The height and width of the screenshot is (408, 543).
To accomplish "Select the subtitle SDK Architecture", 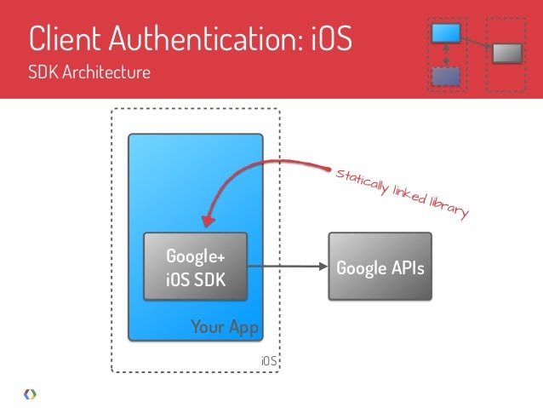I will (89, 72).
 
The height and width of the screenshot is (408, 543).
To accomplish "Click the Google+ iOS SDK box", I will (195, 267).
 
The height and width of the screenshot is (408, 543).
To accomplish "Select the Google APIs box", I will (380, 267).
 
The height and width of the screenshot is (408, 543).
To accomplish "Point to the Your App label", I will (224, 326).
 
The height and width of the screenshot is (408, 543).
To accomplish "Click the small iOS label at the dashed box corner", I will (269, 361).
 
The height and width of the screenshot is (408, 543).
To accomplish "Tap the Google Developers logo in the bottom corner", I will (29, 394).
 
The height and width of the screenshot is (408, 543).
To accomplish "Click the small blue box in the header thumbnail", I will (447, 33).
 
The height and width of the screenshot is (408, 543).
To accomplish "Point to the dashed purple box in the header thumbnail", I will (446, 77).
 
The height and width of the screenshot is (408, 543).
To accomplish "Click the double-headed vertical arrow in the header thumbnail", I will (446, 55).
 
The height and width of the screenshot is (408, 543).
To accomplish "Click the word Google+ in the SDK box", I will (189, 256).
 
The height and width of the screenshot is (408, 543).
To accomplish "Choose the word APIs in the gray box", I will (405, 267).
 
